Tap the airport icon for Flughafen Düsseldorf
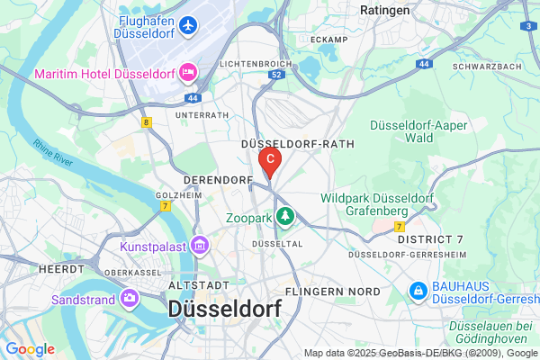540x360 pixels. (188, 25)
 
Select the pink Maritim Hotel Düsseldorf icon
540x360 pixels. (188, 70)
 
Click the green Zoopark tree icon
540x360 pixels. (285, 216)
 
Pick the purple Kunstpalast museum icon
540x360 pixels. (200, 246)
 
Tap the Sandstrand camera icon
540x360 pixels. (131, 295)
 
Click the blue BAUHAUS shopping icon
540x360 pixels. (418, 292)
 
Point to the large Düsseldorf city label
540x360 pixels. (224, 309)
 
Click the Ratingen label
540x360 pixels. (384, 10)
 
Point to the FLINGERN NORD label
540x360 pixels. (332, 292)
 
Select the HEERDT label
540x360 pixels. (61, 269)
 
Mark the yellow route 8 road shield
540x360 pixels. (146, 120)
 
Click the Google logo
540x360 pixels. (31, 348)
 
